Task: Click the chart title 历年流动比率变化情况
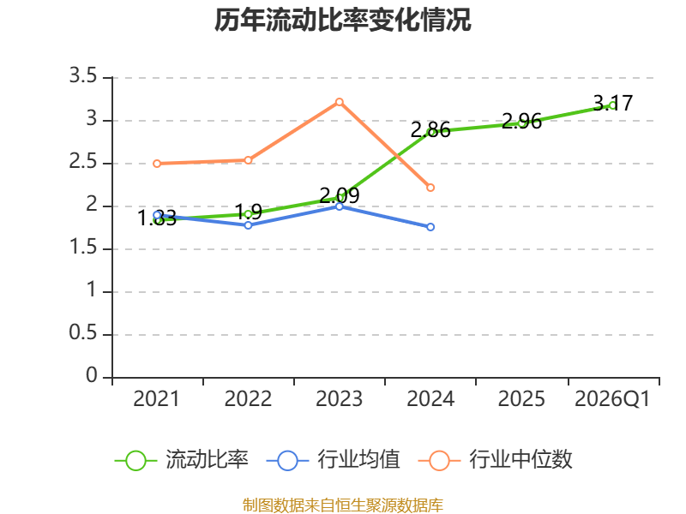coord(342,20)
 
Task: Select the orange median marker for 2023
coord(339,102)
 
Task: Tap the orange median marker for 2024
coord(430,188)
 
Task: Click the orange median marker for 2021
coord(157,164)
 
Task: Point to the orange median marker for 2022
coord(248,160)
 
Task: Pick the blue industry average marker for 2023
coord(339,206)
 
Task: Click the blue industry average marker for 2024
coord(430,227)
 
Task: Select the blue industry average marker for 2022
coord(248,225)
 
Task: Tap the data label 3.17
coord(612,103)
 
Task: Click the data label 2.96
coord(521,121)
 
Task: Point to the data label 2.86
coord(430,130)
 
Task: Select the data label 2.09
coord(340,195)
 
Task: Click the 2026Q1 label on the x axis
coord(612,398)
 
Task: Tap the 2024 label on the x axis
coord(430,398)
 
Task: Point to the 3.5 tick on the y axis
coord(83,75)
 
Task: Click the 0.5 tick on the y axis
coord(83,332)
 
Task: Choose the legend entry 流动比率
coord(181,460)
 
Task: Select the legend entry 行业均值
coord(333,460)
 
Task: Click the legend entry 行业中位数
coord(496,460)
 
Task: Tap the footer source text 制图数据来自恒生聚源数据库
coord(343,505)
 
